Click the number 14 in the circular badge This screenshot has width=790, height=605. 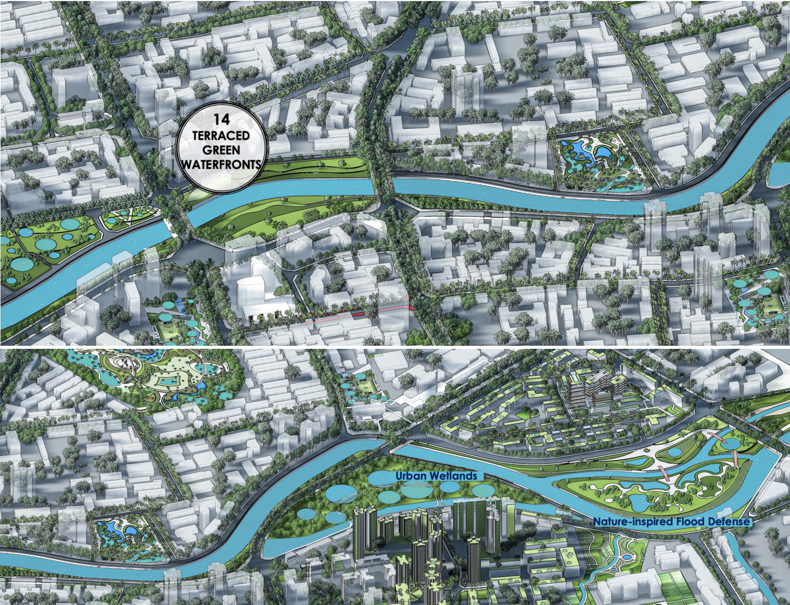221,120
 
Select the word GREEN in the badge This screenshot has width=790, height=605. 221,150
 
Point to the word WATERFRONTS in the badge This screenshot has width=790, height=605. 221,164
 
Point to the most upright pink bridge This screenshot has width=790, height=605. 734,457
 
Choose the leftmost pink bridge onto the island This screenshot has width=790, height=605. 667,474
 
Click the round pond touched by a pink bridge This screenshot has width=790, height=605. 731,443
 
